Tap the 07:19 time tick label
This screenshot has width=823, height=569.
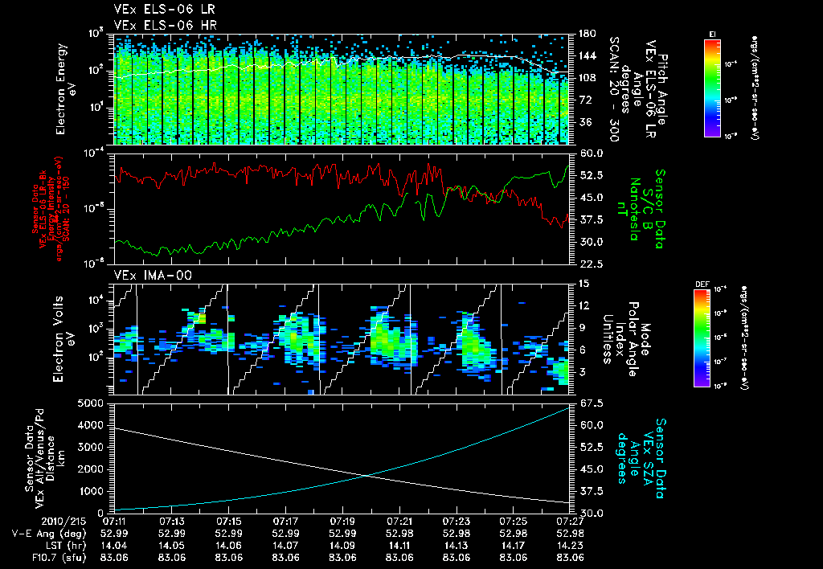pos(343,522)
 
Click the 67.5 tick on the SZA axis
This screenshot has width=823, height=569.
pos(586,403)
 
